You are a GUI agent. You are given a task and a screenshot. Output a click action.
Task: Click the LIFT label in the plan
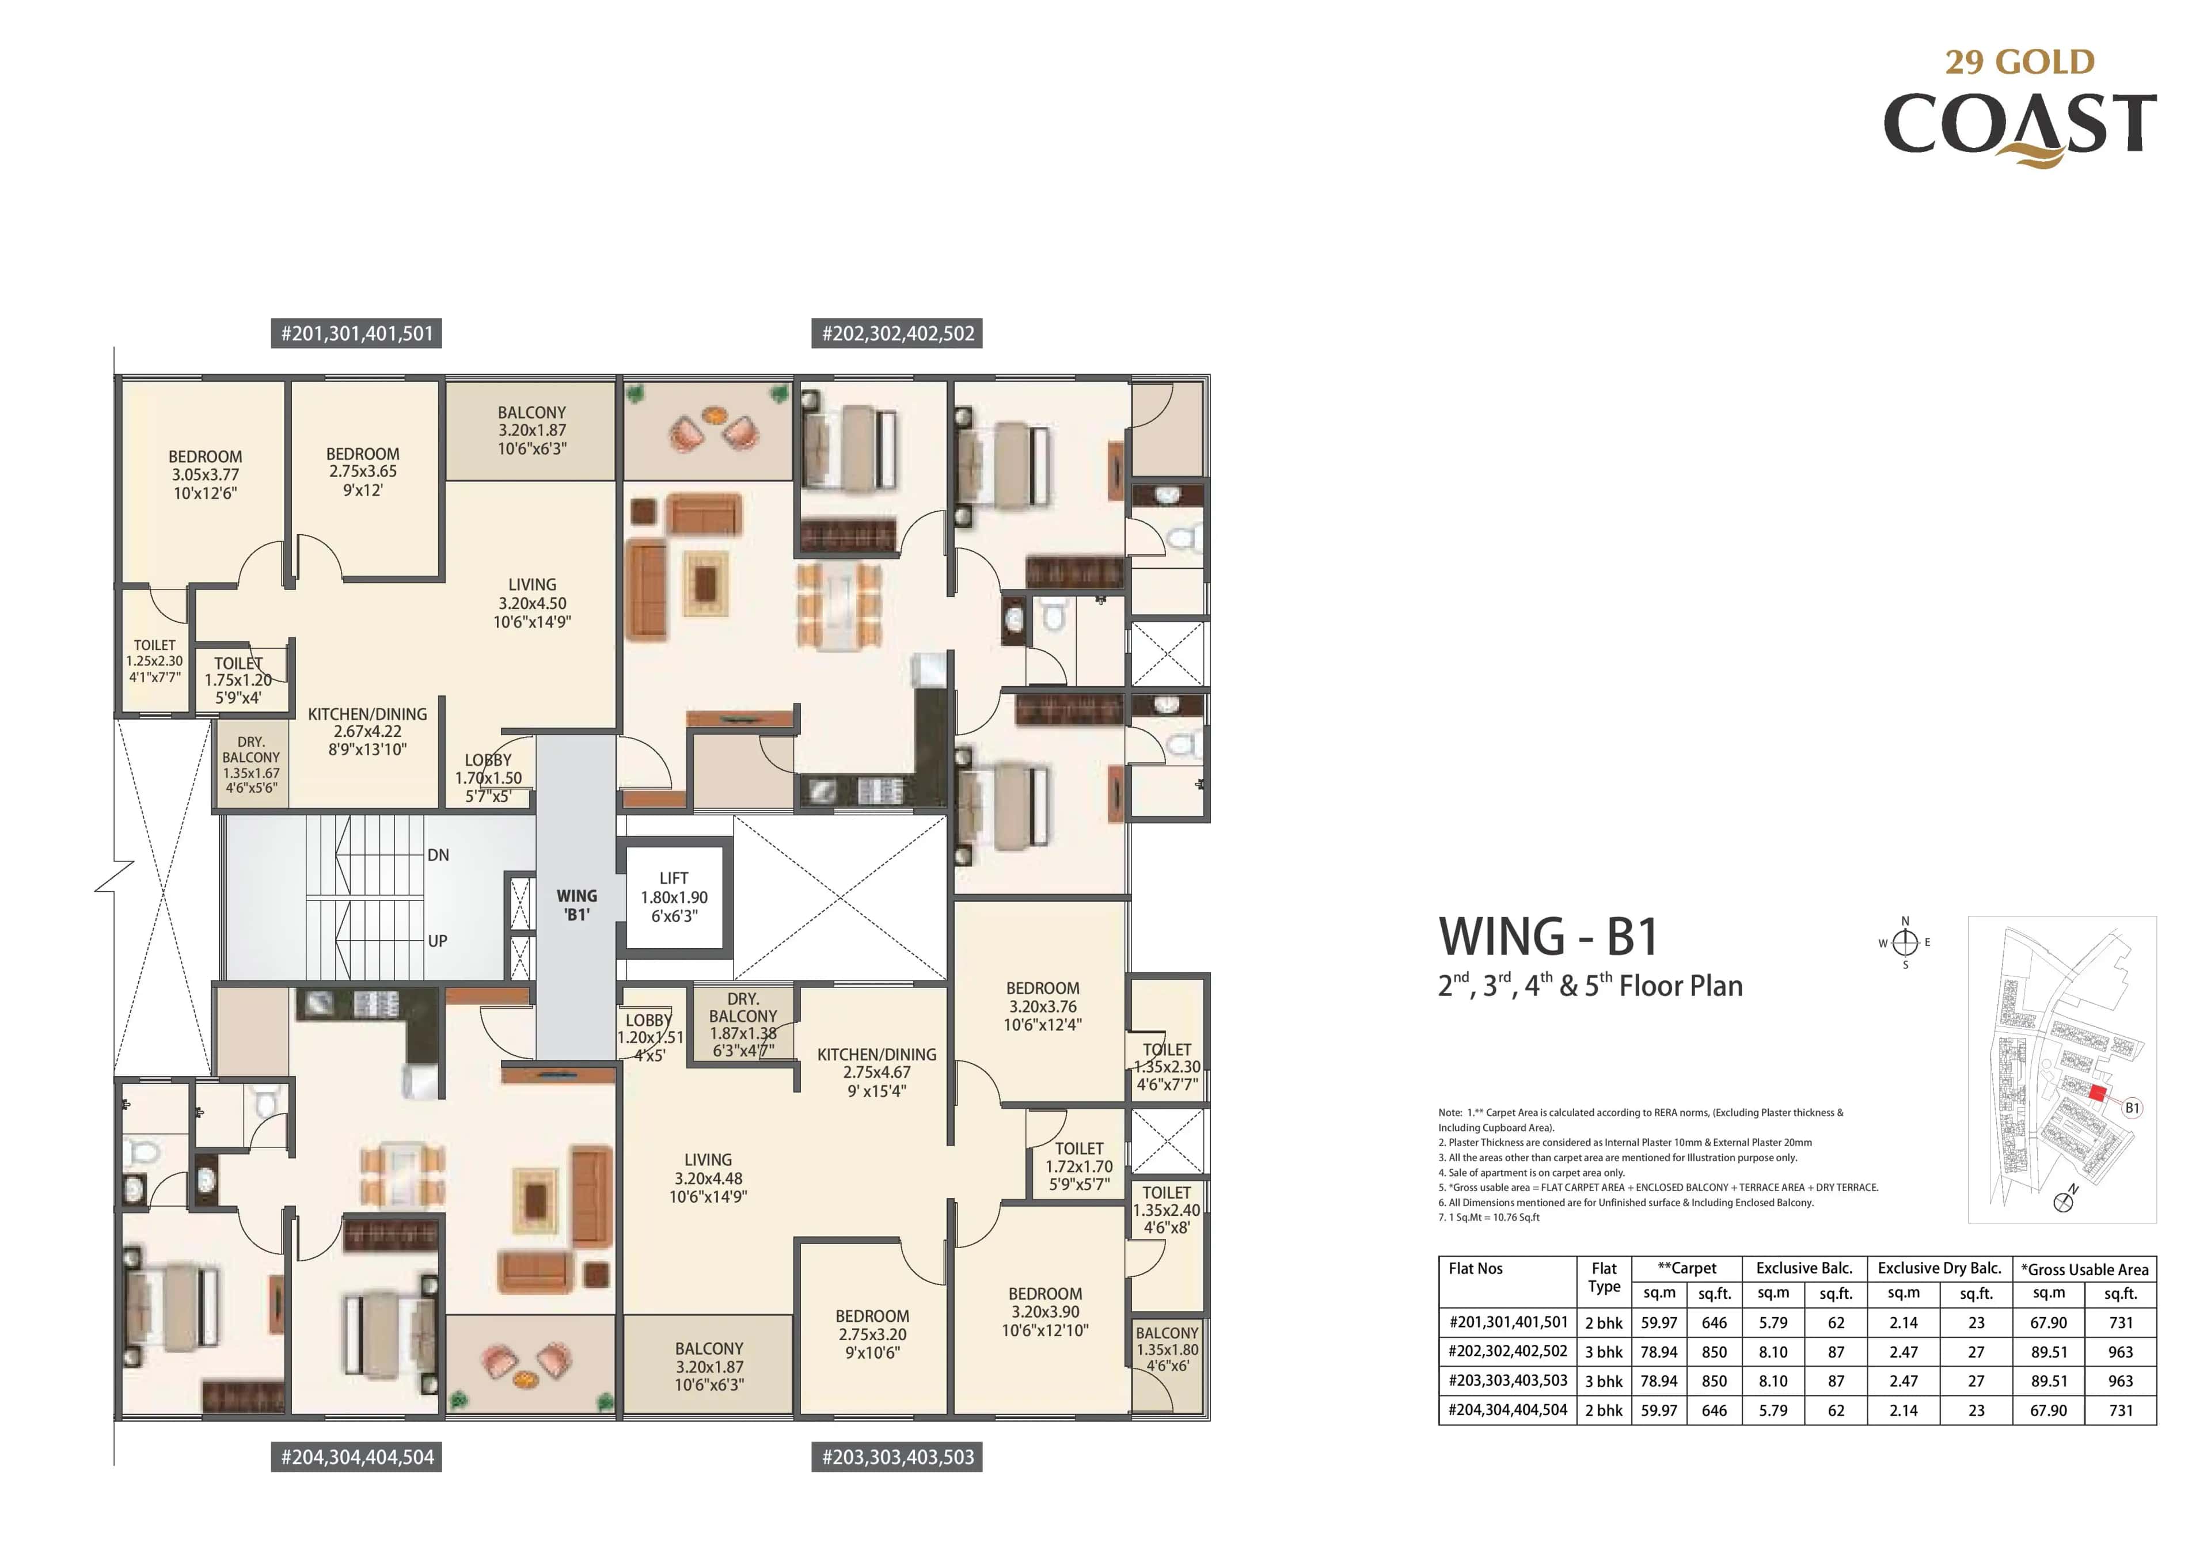click(673, 896)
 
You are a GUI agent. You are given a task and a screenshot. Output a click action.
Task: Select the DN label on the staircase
click(438, 855)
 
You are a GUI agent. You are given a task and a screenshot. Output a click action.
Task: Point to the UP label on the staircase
click(437, 941)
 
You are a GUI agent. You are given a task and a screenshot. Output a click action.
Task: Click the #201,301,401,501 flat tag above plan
click(356, 334)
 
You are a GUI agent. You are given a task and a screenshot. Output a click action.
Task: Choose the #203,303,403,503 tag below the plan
click(898, 1457)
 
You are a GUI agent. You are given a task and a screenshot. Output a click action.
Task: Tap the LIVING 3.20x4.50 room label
click(531, 603)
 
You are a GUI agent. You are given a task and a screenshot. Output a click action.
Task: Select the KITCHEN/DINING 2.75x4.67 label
click(876, 1072)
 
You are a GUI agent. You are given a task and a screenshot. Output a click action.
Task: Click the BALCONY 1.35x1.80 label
click(1166, 1349)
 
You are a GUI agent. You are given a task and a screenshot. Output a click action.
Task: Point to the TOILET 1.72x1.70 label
click(1078, 1166)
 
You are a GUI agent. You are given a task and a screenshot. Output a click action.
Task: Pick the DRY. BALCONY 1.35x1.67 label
click(250, 765)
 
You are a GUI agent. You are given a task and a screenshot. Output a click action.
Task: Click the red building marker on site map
click(2098, 1092)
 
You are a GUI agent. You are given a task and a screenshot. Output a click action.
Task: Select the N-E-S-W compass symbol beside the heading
click(1905, 943)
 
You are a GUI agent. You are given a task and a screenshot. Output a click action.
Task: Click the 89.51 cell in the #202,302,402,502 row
click(2048, 1352)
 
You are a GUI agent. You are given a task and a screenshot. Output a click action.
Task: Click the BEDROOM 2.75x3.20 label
click(872, 1334)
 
